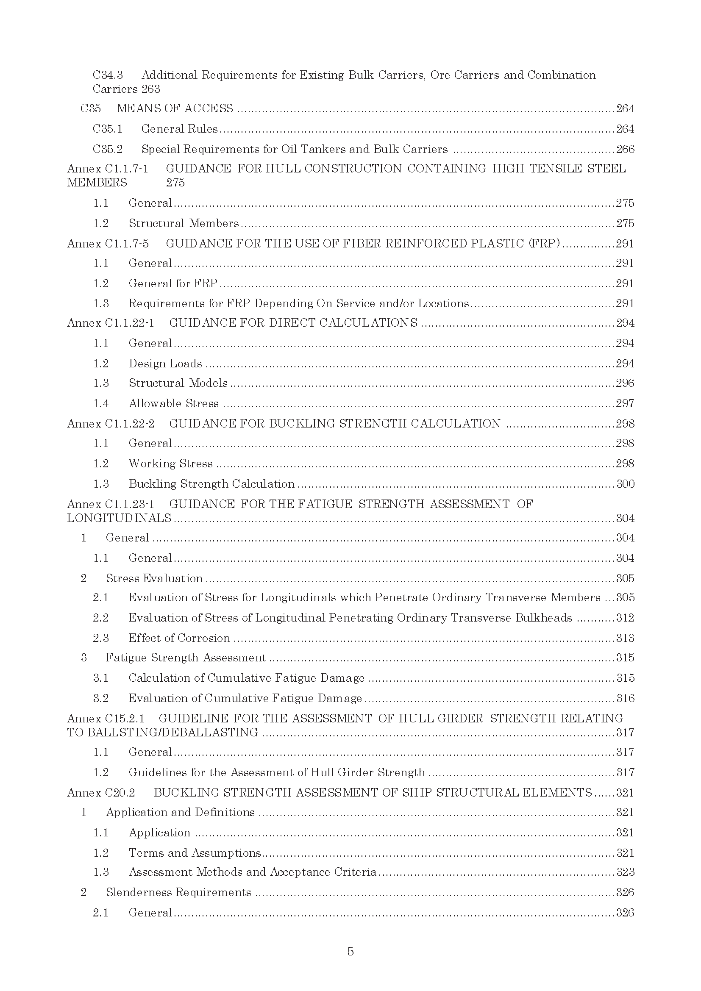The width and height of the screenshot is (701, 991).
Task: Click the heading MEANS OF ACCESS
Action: pyautogui.click(x=174, y=108)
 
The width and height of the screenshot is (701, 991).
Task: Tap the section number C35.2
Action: pyautogui.click(x=108, y=149)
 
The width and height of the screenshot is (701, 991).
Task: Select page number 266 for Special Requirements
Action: pyautogui.click(x=625, y=149)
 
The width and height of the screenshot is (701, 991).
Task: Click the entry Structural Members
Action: pyautogui.click(x=184, y=223)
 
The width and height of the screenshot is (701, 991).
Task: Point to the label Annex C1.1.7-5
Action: pyautogui.click(x=108, y=244)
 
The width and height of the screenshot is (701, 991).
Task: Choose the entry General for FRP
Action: pyautogui.click(x=172, y=283)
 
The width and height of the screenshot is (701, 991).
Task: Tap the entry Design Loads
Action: pyautogui.click(x=165, y=364)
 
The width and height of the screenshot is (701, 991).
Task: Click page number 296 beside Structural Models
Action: pyautogui.click(x=625, y=383)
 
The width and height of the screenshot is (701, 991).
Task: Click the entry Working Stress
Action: pyautogui.click(x=170, y=464)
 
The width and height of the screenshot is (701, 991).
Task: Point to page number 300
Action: pyautogui.click(x=625, y=484)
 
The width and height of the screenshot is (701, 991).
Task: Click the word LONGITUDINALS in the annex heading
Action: pyautogui.click(x=119, y=518)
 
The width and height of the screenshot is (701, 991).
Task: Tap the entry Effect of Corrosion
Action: pyautogui.click(x=179, y=638)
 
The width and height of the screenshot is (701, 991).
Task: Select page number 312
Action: pyautogui.click(x=625, y=618)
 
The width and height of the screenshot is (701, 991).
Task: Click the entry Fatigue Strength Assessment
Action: pyautogui.click(x=186, y=658)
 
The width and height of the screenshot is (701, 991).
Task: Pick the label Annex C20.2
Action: pyautogui.click(x=101, y=792)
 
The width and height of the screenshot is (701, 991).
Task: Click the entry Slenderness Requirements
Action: pyautogui.click(x=178, y=892)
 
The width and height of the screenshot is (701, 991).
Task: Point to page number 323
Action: pyautogui.click(x=625, y=872)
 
